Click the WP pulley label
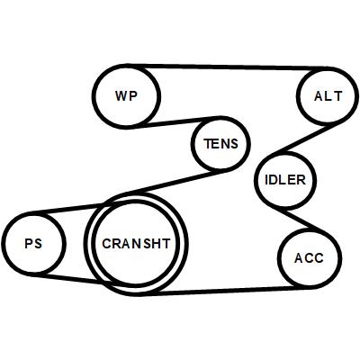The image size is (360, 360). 126,96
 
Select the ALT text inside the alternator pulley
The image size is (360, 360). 328,96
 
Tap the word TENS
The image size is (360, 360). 221,144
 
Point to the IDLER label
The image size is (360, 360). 285,180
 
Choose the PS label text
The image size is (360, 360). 33,243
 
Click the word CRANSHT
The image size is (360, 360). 136,244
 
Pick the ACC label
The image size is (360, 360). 309,258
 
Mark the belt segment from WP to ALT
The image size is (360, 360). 227,67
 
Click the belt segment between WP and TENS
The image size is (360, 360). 174,122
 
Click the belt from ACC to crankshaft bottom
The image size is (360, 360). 222,291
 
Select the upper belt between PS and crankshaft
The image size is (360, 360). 67,209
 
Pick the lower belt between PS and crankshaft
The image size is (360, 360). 70,278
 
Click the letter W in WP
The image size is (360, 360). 121,96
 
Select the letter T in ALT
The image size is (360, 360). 337,96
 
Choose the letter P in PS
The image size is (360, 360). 29,243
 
